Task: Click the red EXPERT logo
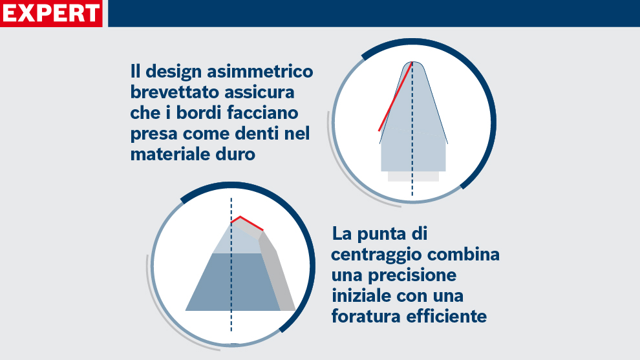(51, 13)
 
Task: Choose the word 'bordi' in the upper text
(192, 113)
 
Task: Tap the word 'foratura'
(365, 317)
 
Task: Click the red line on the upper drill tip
(396, 97)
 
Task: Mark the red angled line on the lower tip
(249, 222)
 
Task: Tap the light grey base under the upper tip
(413, 176)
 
